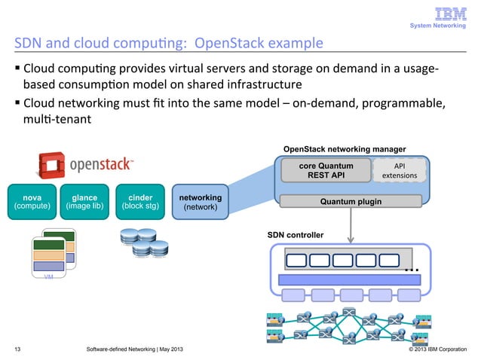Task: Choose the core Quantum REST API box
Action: (326, 170)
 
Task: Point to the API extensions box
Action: (400, 170)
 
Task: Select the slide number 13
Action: (17, 349)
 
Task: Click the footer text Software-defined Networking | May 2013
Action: (134, 349)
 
